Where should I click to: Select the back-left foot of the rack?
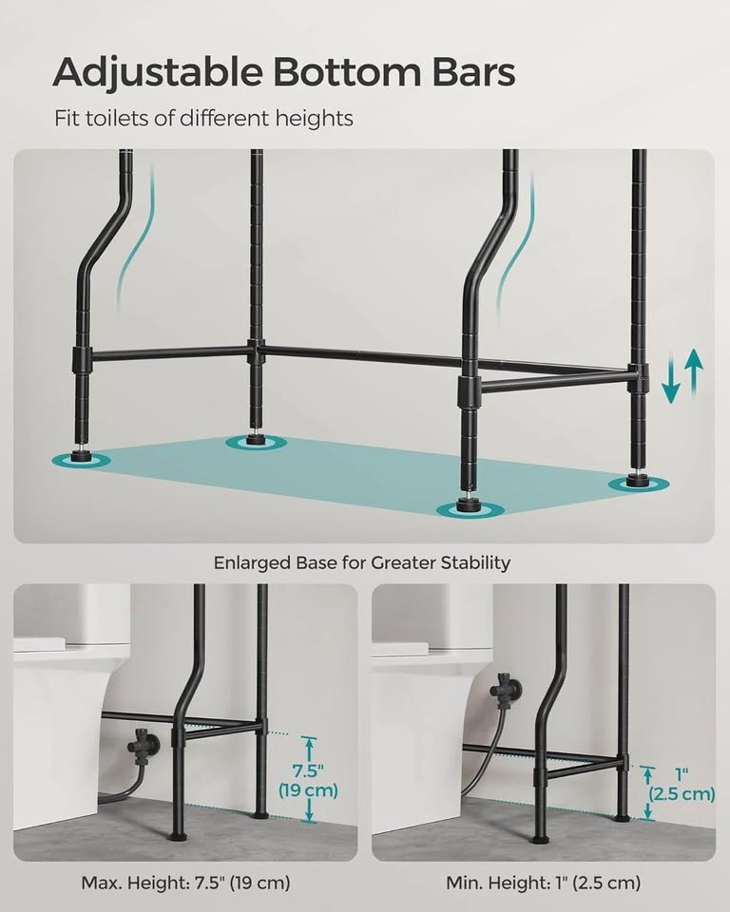pos(255,439)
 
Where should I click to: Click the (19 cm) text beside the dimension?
pos(309,790)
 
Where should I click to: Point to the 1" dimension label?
pos(681,773)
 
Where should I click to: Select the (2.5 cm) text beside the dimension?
pos(681,794)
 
